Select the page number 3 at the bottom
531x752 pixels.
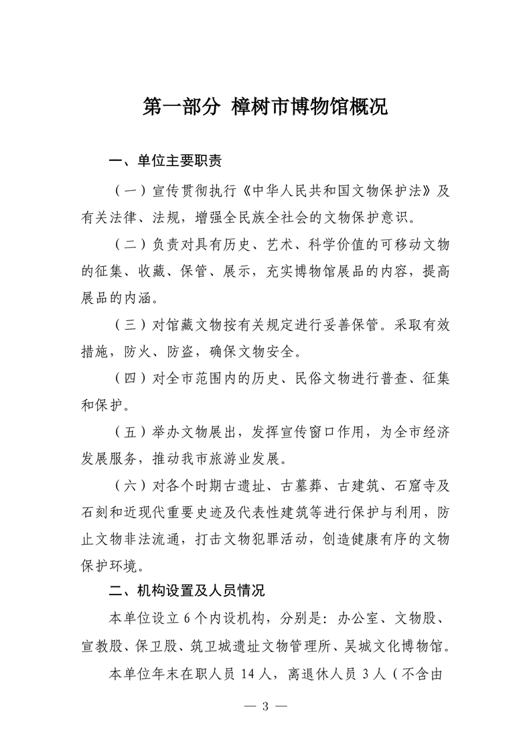click(266, 706)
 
